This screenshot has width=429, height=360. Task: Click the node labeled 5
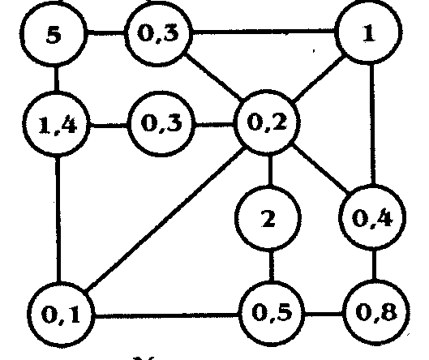tap(53, 35)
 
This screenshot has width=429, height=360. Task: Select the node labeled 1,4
tap(56, 125)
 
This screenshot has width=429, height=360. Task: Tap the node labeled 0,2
tap(267, 122)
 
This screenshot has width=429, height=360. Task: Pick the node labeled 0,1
tap(61, 314)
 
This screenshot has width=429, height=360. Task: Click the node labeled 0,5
tap(272, 312)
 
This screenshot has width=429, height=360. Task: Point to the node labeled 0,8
tap(376, 311)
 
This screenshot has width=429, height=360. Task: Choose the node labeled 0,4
tap(372, 217)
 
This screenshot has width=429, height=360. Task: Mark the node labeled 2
tap(268, 218)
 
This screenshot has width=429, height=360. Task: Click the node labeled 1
tap(368, 32)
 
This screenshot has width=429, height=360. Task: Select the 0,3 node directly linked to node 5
tap(158, 33)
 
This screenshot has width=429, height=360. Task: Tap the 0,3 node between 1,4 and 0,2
tap(161, 124)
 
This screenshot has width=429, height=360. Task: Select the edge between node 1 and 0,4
tap(372, 125)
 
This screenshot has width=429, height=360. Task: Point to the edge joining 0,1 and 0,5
tap(166, 316)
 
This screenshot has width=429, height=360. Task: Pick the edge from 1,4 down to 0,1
tap(58, 220)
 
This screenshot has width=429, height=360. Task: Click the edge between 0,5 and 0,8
tap(324, 313)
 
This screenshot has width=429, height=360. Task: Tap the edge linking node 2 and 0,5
tap(271, 265)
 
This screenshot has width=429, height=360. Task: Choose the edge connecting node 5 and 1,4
tap(56, 79)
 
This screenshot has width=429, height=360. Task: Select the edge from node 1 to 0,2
tap(319, 79)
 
